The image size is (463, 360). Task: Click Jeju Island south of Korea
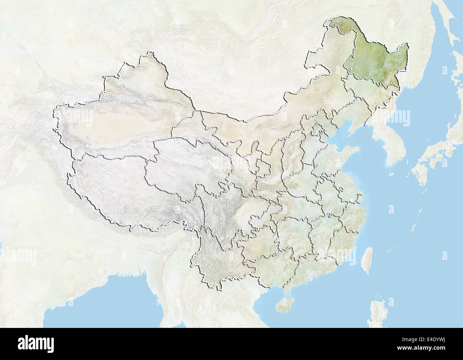391,174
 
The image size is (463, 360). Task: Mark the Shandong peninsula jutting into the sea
351,153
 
